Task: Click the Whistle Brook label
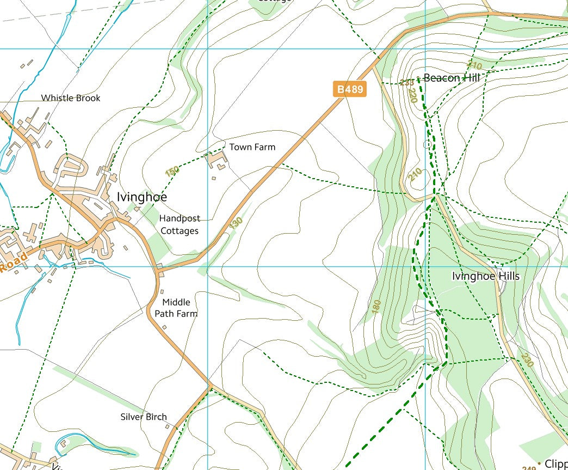click(x=71, y=98)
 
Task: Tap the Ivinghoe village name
click(x=142, y=197)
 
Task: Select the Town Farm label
click(x=252, y=147)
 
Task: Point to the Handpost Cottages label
click(x=180, y=224)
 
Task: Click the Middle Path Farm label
click(x=176, y=308)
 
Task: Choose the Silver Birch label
click(x=144, y=417)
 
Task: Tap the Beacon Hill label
click(x=452, y=78)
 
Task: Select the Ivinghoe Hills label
click(x=485, y=276)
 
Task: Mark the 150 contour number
click(x=172, y=171)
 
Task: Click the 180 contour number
click(x=376, y=307)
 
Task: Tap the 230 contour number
click(x=527, y=359)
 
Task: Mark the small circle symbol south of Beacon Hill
click(x=427, y=144)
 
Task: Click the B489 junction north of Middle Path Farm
click(x=158, y=267)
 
